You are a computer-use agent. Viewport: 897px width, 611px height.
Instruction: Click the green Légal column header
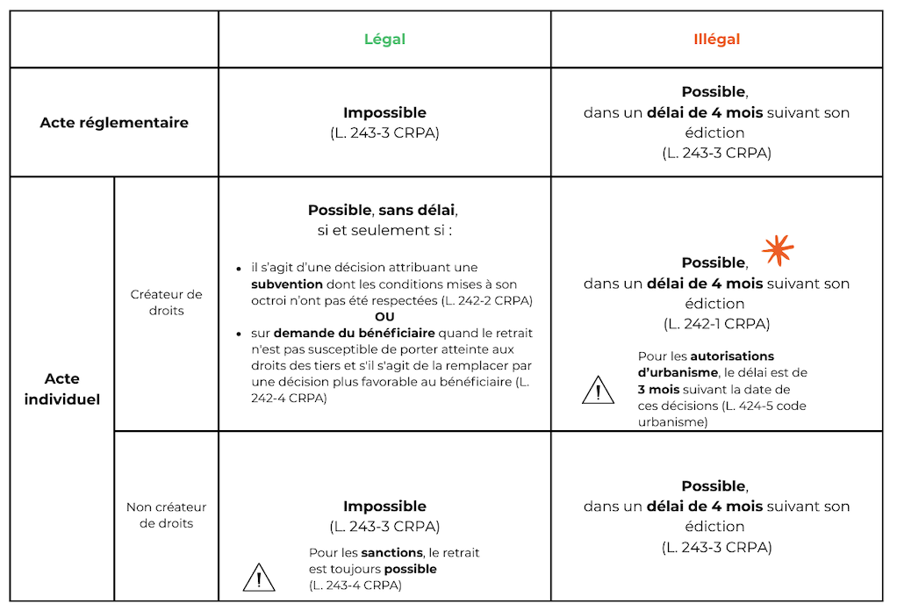[384, 40]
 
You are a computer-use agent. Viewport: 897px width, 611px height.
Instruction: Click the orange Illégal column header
[716, 40]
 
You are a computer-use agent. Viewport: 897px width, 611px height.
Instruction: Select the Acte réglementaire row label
[114, 123]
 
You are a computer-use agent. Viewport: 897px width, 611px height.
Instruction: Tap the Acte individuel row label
[62, 389]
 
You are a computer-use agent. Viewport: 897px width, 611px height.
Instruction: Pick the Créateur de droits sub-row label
[166, 303]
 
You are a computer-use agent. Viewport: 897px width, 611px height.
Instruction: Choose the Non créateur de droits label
[166, 515]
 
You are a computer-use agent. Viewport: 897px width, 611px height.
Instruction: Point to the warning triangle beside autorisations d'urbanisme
[598, 389]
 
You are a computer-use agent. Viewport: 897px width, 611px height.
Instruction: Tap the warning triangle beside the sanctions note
[258, 578]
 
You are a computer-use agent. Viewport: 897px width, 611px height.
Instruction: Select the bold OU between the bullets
[384, 317]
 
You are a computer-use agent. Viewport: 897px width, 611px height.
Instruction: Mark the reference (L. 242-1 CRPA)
[716, 324]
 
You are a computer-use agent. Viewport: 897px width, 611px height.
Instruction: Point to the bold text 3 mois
[657, 389]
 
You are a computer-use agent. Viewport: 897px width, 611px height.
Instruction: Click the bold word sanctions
[391, 553]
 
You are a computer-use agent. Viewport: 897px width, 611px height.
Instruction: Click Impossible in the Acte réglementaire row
[384, 113]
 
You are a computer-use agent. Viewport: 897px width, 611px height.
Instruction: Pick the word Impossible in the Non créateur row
[384, 507]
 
